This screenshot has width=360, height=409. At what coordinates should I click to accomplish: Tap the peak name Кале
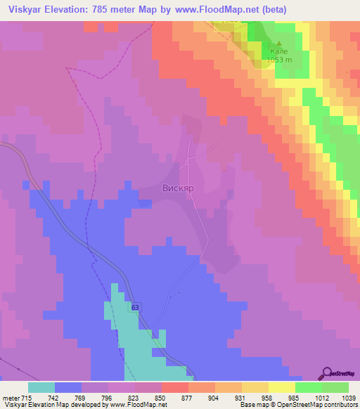[280, 51]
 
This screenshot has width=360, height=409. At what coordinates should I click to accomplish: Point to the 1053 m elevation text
[279, 60]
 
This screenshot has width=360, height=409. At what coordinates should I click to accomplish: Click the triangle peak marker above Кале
[269, 42]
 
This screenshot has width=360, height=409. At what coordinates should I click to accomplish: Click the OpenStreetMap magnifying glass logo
[328, 373]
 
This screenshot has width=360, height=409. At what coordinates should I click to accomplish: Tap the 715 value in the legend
[27, 398]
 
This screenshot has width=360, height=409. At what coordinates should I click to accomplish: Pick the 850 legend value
[161, 398]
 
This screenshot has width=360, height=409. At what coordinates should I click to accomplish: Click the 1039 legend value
[342, 398]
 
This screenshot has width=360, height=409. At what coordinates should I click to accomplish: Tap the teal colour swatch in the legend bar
[41, 387]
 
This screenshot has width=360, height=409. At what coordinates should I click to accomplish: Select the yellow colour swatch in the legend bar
[282, 387]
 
